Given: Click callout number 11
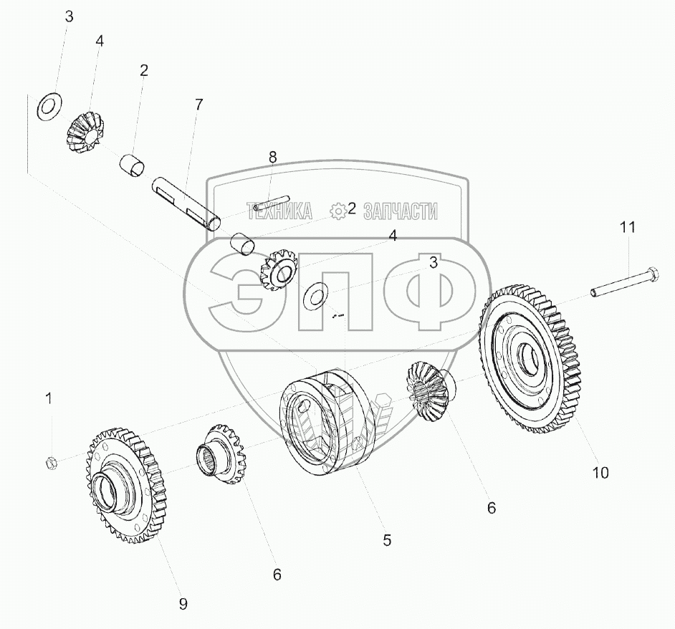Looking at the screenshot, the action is (x=627, y=227).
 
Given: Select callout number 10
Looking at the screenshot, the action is (x=600, y=473).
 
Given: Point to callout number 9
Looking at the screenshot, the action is (x=183, y=604).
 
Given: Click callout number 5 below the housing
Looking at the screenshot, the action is (x=387, y=540).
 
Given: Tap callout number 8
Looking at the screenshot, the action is (x=272, y=158).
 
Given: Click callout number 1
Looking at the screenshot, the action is (x=49, y=398).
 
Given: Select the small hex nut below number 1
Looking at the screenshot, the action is (x=50, y=464).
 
